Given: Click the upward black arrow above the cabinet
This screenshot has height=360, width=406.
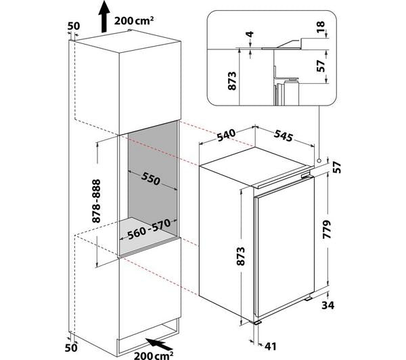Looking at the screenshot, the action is (104, 16).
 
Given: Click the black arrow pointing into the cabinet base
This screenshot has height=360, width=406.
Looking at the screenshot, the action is (158, 344).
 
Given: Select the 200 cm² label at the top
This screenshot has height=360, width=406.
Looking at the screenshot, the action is (134, 21).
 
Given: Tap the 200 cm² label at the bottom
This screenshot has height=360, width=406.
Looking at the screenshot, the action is (154, 355).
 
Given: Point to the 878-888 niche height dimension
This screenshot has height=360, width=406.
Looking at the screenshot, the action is (96, 201).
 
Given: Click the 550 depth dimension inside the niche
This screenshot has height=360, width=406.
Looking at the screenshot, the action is (151, 179).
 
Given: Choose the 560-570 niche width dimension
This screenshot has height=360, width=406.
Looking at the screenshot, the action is (149, 229).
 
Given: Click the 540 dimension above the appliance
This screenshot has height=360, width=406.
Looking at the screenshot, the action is (226, 135).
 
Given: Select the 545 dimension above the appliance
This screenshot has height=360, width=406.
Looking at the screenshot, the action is (284, 135).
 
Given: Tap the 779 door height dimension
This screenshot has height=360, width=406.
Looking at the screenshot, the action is (327, 229).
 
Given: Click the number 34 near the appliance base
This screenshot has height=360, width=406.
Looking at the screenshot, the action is (328, 306).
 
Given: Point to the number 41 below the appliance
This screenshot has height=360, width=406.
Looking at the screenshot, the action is (270, 346).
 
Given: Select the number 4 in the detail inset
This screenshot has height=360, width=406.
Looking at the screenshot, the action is (250, 34).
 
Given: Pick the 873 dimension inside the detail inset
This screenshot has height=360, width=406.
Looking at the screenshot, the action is (232, 81).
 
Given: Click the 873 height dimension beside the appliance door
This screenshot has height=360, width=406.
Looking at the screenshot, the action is (240, 256).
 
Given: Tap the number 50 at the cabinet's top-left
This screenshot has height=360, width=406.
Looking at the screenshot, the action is (74, 26).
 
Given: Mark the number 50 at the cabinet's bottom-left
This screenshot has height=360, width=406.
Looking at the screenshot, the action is (71, 348).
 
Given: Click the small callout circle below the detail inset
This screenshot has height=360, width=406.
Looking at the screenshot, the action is (319, 160).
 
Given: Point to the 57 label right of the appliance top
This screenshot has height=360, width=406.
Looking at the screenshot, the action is (337, 168).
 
